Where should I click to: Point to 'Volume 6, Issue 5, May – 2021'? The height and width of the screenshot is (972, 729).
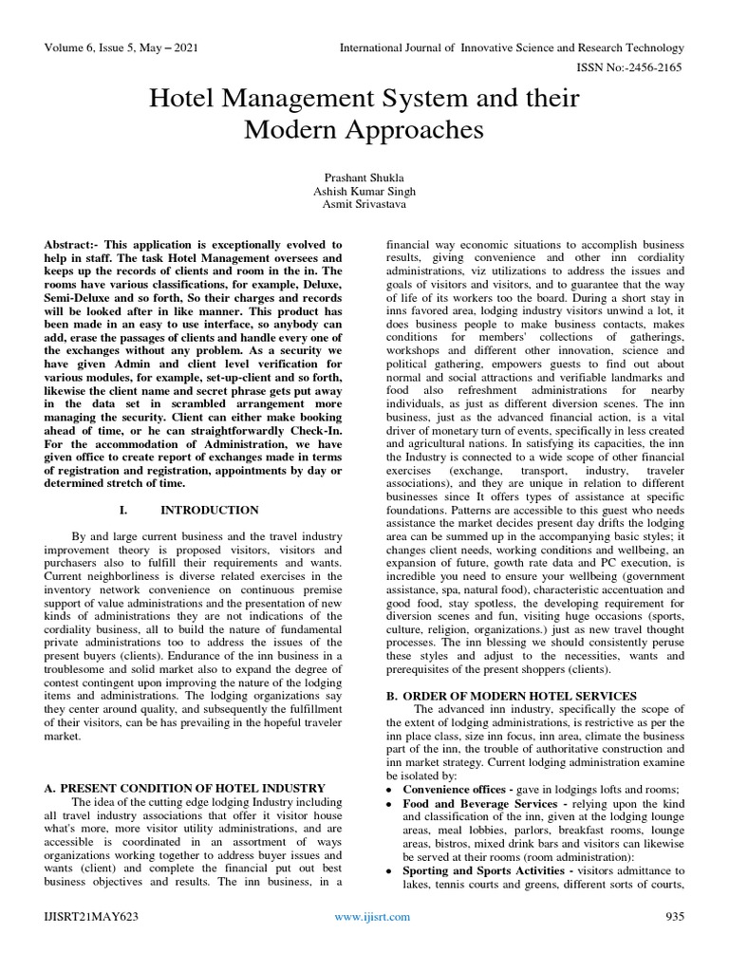pos(121,47)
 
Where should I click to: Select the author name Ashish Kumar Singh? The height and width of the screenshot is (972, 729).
pos(364,191)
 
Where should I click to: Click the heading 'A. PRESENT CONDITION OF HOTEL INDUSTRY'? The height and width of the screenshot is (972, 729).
pos(186,788)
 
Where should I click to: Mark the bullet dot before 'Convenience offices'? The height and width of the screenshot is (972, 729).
pos(391,790)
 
